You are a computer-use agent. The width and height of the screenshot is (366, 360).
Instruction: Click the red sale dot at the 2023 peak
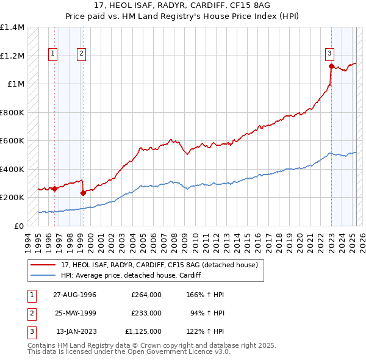[331, 67]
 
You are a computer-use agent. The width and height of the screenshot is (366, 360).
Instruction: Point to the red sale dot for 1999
[83, 193]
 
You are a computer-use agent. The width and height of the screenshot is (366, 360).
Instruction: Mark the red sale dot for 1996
[55, 189]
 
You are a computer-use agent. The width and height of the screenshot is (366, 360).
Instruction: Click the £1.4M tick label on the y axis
[12, 27]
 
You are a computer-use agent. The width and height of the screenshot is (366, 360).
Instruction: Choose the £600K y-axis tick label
[12, 141]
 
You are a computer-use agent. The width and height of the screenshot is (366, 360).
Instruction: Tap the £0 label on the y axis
[19, 226]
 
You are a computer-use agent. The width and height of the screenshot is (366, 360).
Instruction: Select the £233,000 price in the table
[146, 313]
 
